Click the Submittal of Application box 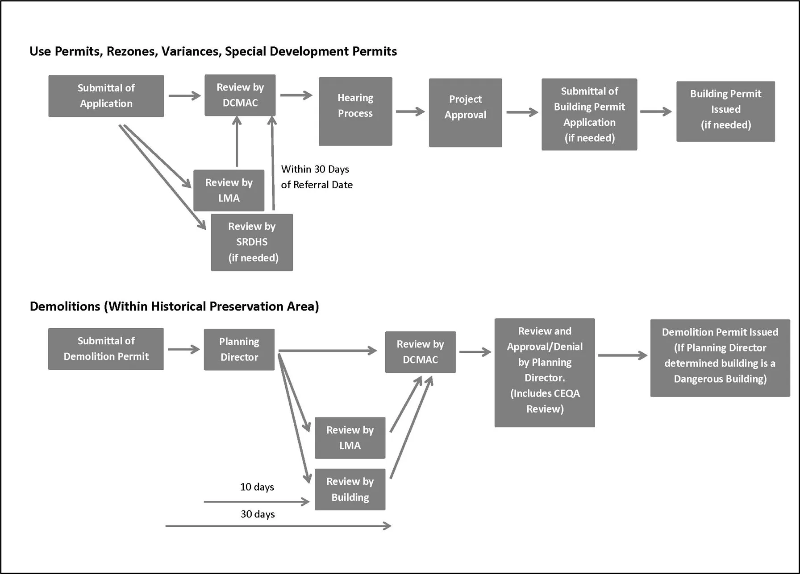tap(106, 96)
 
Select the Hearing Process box tap(355, 111)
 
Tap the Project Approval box tap(465, 112)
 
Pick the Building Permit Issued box tap(725, 111)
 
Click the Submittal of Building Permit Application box tap(589, 114)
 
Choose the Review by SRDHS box tap(252, 242)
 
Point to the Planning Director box tap(239, 349)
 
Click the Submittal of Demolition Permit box tap(106, 349)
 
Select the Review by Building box tap(350, 489)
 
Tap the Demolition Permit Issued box tap(720, 358)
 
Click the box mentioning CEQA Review tap(544, 372)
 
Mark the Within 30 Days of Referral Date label tap(317, 177)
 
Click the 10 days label tap(257, 487)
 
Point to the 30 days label tap(258, 514)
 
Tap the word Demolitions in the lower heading tap(65, 307)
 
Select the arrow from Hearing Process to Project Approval tap(410, 111)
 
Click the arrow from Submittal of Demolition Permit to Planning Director tap(183, 349)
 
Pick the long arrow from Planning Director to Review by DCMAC tap(327, 351)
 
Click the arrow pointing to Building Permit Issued tap(655, 111)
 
